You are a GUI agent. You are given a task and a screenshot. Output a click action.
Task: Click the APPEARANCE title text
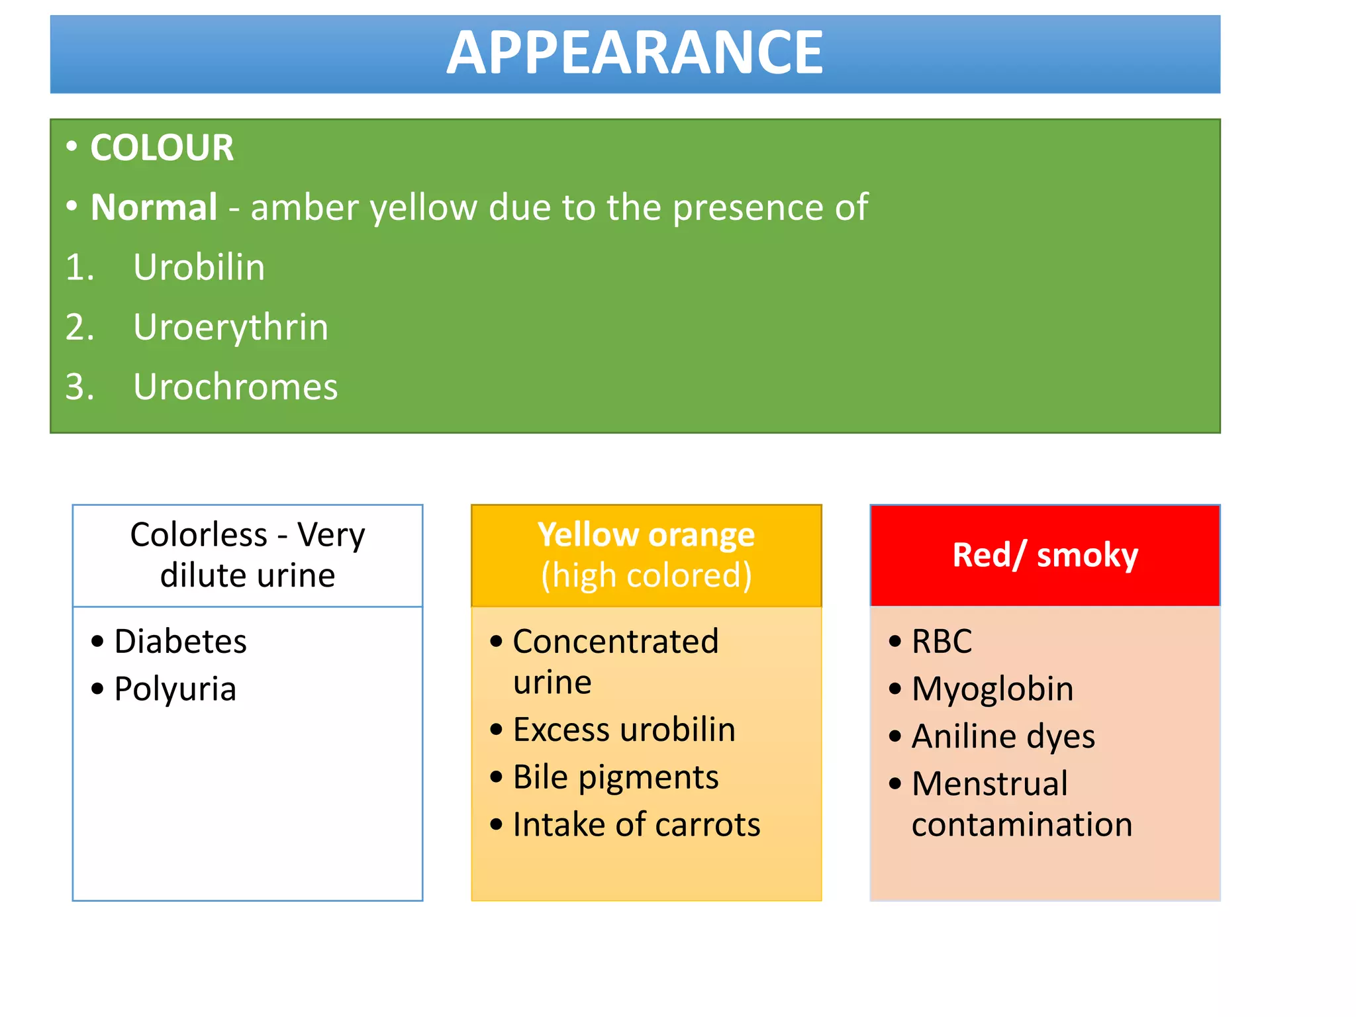(x=634, y=53)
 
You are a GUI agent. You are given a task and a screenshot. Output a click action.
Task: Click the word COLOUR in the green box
(x=162, y=148)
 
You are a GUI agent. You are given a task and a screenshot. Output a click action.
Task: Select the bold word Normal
(x=154, y=207)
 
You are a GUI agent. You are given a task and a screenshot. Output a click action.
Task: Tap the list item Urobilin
(x=199, y=267)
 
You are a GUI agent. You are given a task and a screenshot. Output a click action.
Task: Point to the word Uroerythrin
(x=230, y=327)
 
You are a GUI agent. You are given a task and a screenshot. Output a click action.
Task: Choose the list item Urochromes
(x=235, y=387)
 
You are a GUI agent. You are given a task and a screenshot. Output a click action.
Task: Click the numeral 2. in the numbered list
(x=80, y=327)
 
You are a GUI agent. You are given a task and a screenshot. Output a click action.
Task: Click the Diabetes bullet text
(x=180, y=642)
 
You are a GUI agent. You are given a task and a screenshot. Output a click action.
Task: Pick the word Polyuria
(x=175, y=689)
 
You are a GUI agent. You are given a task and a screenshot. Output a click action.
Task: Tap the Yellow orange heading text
(x=646, y=535)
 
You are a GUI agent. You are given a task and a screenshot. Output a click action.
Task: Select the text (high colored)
(x=646, y=575)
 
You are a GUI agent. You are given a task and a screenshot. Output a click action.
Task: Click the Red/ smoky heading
(x=1045, y=555)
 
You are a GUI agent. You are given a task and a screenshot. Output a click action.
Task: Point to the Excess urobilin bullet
(x=624, y=730)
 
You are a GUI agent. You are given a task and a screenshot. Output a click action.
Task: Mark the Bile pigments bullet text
(x=615, y=777)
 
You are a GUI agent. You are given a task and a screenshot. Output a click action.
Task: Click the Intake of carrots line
(x=636, y=825)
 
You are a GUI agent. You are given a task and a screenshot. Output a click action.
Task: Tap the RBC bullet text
(x=942, y=642)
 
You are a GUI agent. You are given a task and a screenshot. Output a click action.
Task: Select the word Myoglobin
(x=992, y=689)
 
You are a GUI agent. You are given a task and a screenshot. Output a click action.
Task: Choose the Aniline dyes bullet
(x=1002, y=736)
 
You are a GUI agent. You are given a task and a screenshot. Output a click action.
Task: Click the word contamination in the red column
(x=1022, y=825)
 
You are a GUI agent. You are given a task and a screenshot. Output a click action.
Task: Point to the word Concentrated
(x=615, y=642)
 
